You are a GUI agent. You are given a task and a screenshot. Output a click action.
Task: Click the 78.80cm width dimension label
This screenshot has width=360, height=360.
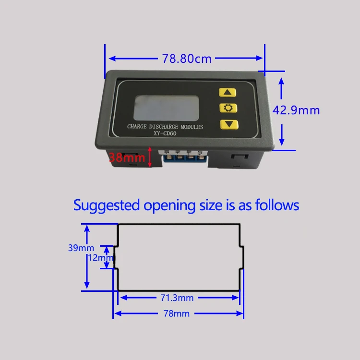[187, 59]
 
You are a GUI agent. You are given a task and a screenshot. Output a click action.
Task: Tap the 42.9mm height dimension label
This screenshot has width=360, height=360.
[296, 110]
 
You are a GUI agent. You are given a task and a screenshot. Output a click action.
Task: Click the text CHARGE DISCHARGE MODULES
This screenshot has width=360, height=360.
[165, 127]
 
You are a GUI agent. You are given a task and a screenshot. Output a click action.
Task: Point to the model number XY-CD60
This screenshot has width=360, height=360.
[165, 133]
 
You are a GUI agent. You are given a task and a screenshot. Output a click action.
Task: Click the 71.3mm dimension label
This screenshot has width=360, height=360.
[177, 298]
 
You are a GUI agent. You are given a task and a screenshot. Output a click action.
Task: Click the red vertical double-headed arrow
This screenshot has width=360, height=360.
[150, 157]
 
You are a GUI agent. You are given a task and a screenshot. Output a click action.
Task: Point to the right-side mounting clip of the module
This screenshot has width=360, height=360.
[240, 158]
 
